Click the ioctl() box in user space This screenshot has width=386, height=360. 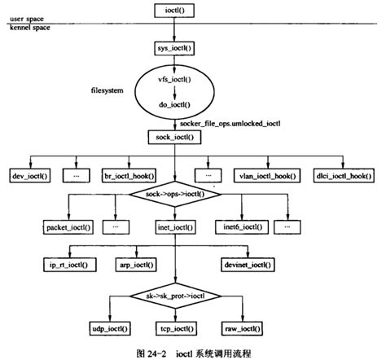coord(174,11)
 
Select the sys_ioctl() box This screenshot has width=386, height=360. coord(174,50)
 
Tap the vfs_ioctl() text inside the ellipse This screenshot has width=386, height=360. coord(174,80)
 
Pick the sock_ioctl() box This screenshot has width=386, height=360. coord(174,138)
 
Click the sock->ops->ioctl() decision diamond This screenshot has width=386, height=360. coord(174,196)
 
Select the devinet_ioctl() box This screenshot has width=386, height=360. coord(248,265)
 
